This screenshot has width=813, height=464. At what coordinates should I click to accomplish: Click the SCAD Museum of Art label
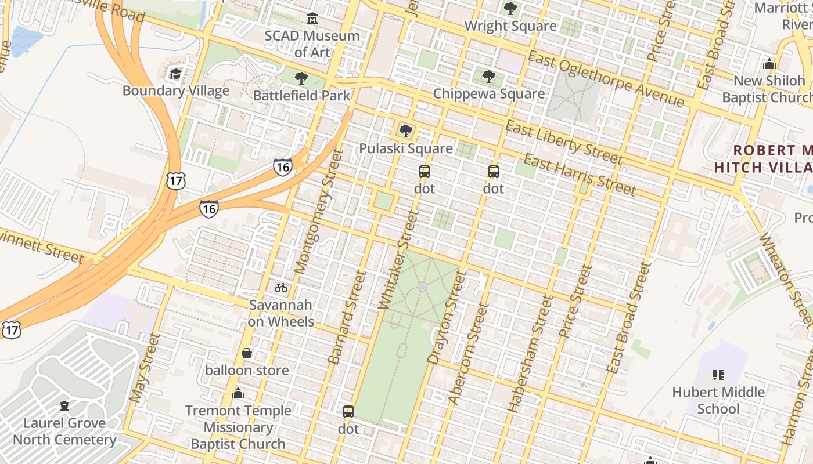pyautogui.click(x=312, y=44)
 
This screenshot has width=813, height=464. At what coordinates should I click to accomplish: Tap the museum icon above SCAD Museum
pyautogui.click(x=312, y=19)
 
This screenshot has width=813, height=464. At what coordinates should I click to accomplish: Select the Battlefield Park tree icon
pyautogui.click(x=301, y=78)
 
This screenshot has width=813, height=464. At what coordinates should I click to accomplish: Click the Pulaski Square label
pyautogui.click(x=405, y=148)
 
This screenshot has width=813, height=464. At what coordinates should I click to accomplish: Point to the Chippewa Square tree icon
pyautogui.click(x=489, y=76)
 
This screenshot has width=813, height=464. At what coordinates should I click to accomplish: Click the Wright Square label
pyautogui.click(x=510, y=26)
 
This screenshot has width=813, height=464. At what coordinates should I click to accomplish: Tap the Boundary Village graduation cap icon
pyautogui.click(x=175, y=74)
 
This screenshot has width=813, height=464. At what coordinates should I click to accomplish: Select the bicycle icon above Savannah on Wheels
pyautogui.click(x=281, y=287)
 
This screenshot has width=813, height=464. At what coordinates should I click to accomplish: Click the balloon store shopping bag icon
pyautogui.click(x=247, y=353)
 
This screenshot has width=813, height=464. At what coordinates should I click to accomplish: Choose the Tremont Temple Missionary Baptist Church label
pyautogui.click(x=238, y=427)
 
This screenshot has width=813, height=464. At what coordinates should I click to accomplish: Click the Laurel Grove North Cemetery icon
pyautogui.click(x=64, y=405)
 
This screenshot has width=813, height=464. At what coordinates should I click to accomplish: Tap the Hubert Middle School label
pyautogui.click(x=718, y=400)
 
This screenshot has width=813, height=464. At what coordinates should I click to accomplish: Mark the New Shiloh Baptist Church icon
pyautogui.click(x=769, y=63)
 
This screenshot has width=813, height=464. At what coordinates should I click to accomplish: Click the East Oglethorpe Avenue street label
pyautogui.click(x=606, y=78)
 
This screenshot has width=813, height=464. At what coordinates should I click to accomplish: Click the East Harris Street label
pyautogui.click(x=580, y=174)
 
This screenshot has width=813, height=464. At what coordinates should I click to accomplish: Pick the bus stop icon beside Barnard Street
pyautogui.click(x=348, y=412)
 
